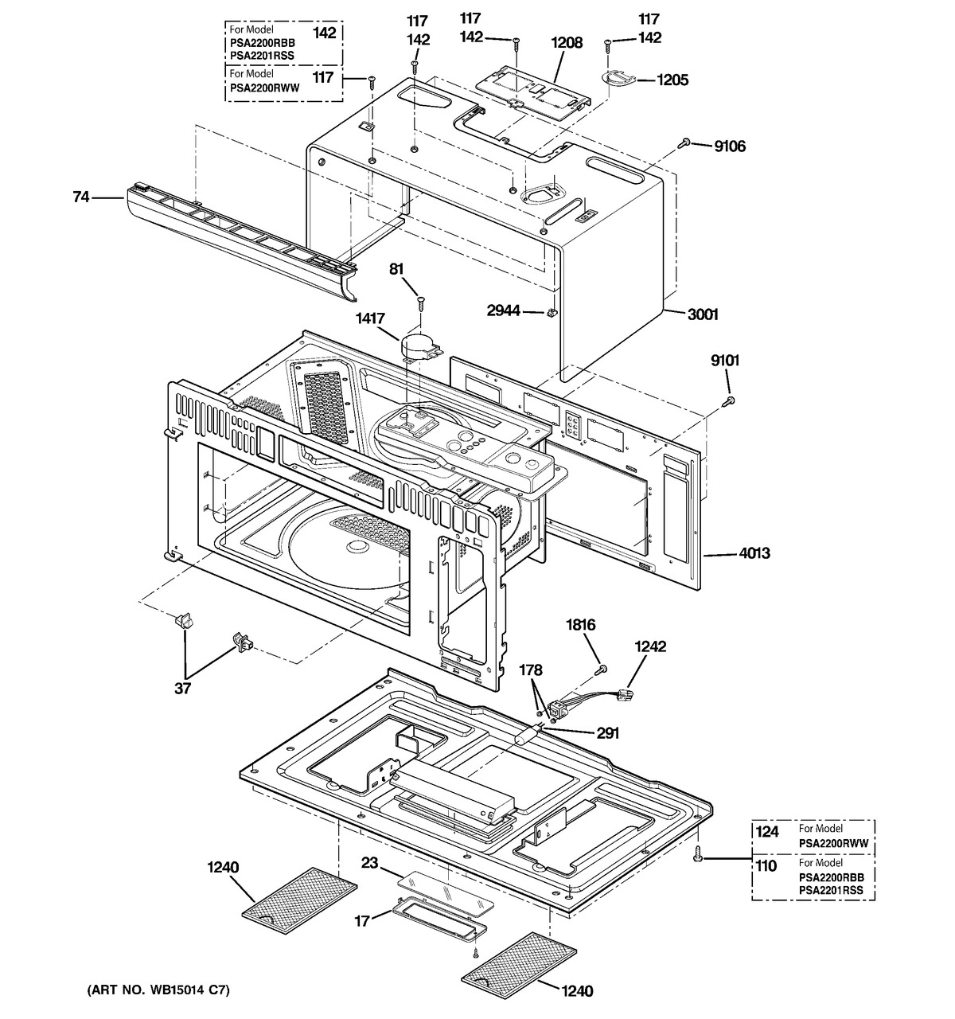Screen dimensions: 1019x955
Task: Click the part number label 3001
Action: point(703,314)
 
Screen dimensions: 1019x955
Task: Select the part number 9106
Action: point(730,146)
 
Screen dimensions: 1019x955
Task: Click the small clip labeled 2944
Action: point(550,312)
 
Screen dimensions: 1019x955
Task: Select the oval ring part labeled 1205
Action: point(618,76)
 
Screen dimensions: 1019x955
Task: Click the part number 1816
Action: point(580,626)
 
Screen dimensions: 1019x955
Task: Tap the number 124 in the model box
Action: point(766,833)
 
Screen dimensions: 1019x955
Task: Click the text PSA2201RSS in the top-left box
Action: point(258,56)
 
